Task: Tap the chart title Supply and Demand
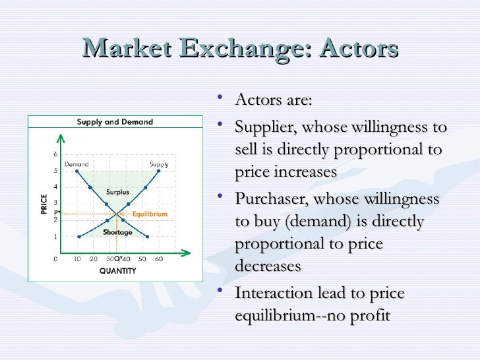(x=115, y=122)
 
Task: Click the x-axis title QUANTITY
(x=118, y=270)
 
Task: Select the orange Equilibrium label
(x=150, y=214)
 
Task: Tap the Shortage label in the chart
(x=117, y=232)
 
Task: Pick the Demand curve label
(x=76, y=164)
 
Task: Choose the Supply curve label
(x=159, y=164)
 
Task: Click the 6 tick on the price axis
(x=55, y=154)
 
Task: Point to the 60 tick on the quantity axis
(x=159, y=259)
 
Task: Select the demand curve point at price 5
(x=78, y=171)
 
